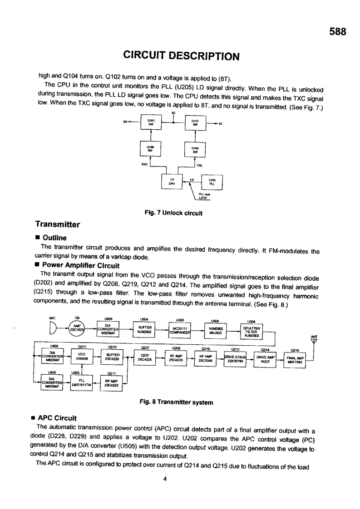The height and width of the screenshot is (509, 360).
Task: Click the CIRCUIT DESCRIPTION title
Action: tap(181, 56)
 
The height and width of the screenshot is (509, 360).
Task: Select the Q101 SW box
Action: tap(150, 122)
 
